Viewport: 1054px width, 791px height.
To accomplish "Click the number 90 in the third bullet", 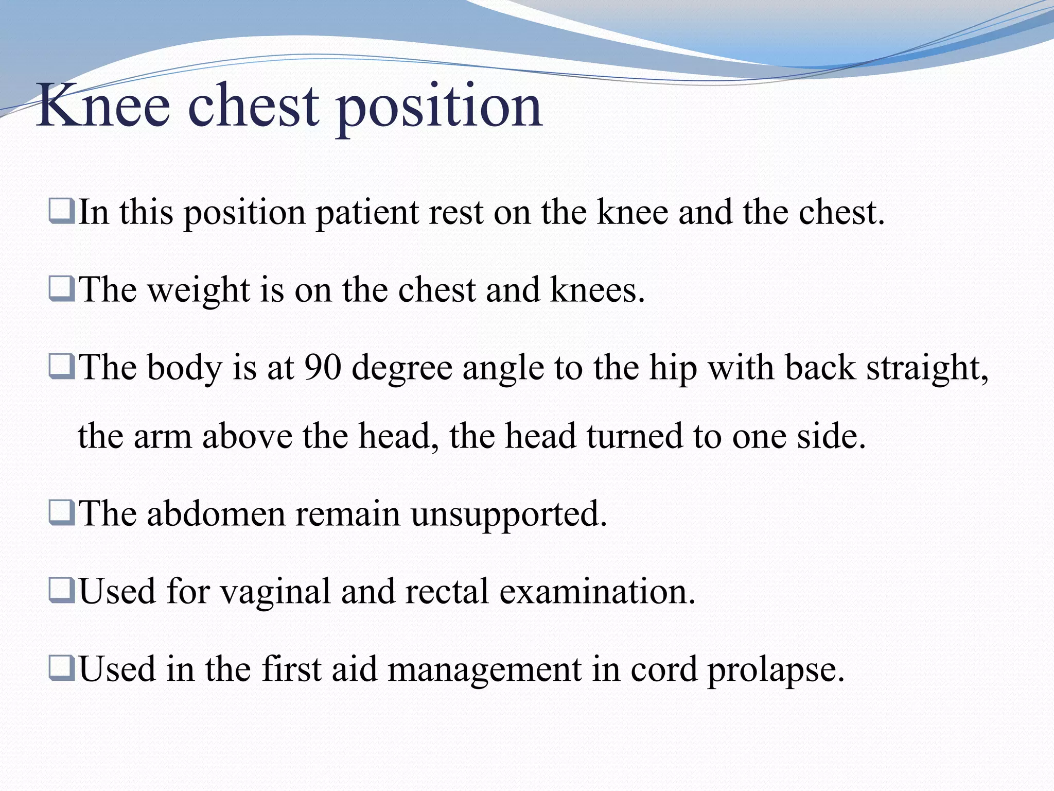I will [x=323, y=368].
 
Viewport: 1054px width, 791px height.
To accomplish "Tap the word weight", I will [x=198, y=290].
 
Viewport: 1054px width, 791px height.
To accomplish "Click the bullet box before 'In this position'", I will [x=61, y=212].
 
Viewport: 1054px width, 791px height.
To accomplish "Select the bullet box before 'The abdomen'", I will [x=61, y=513].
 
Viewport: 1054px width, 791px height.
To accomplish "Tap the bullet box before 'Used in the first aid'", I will [x=61, y=668].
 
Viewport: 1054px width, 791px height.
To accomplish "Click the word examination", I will [x=597, y=591].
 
